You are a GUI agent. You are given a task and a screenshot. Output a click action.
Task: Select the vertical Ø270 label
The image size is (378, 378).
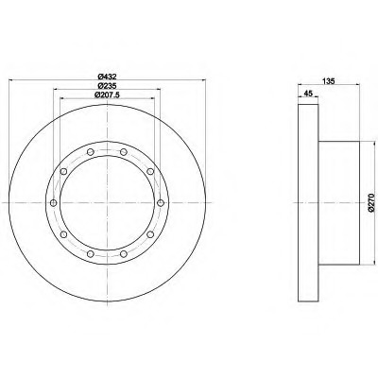[x=370, y=203]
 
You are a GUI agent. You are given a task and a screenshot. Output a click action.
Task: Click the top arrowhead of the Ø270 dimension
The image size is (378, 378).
[x=365, y=142]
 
